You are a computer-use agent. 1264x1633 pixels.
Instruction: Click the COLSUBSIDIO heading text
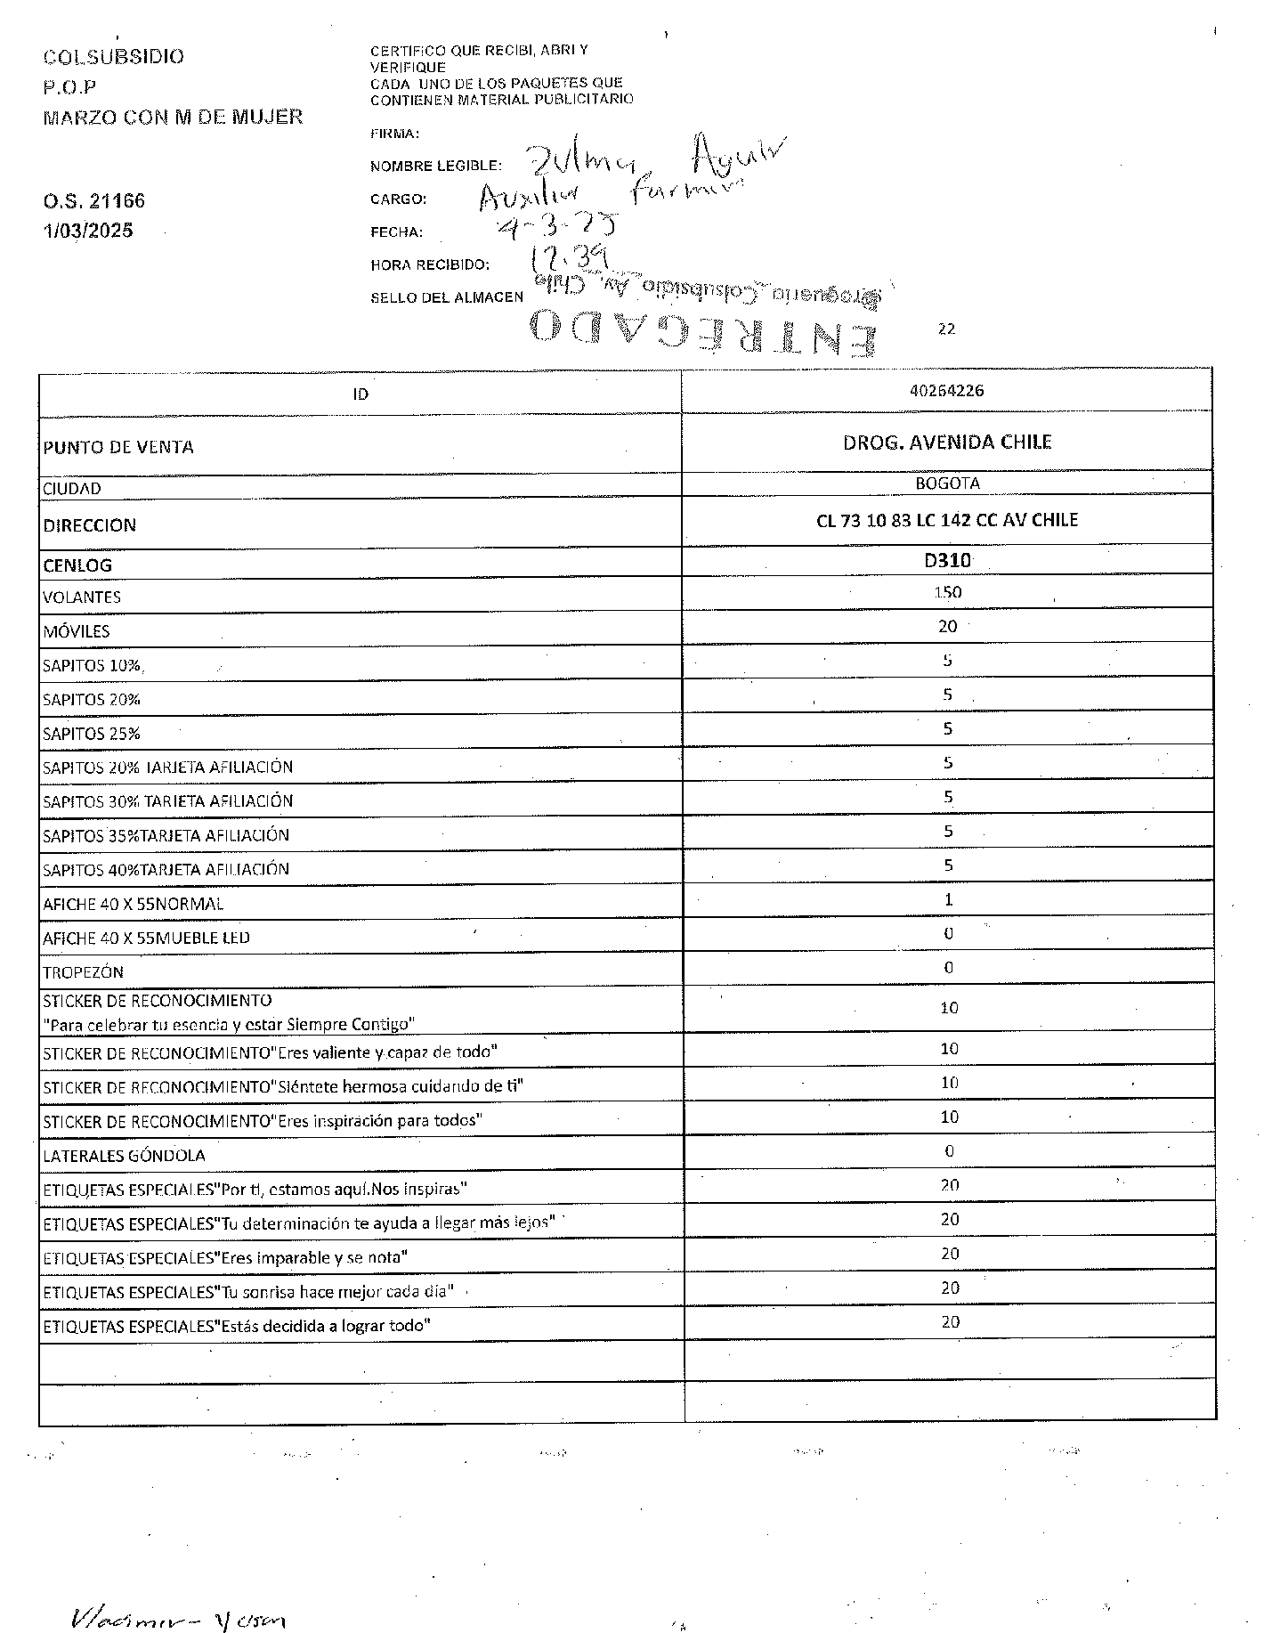(x=113, y=57)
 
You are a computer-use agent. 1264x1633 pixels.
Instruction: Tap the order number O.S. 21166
(x=93, y=201)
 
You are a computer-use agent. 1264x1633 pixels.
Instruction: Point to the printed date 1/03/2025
(x=88, y=231)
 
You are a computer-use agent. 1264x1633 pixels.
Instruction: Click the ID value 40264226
(x=947, y=390)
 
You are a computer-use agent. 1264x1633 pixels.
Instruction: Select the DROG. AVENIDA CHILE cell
(x=947, y=443)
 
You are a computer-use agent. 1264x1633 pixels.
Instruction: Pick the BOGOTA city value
(x=947, y=483)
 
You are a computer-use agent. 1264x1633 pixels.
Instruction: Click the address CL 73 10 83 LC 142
(x=947, y=521)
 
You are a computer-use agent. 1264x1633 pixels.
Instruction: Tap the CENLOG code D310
(x=947, y=561)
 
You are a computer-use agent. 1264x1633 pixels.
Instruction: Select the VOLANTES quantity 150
(x=947, y=592)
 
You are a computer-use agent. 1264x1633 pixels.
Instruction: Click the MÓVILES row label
(x=77, y=631)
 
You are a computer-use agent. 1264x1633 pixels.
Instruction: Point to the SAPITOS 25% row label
(x=92, y=734)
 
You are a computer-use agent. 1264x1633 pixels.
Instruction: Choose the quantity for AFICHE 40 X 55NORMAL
(x=948, y=899)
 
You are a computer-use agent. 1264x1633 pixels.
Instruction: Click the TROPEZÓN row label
(x=84, y=972)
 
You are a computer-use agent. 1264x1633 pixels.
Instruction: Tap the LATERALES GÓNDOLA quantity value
(x=949, y=1151)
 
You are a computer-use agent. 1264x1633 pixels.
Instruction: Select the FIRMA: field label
(x=394, y=134)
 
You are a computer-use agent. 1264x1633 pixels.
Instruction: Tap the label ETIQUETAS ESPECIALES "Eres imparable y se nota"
(x=225, y=1257)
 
